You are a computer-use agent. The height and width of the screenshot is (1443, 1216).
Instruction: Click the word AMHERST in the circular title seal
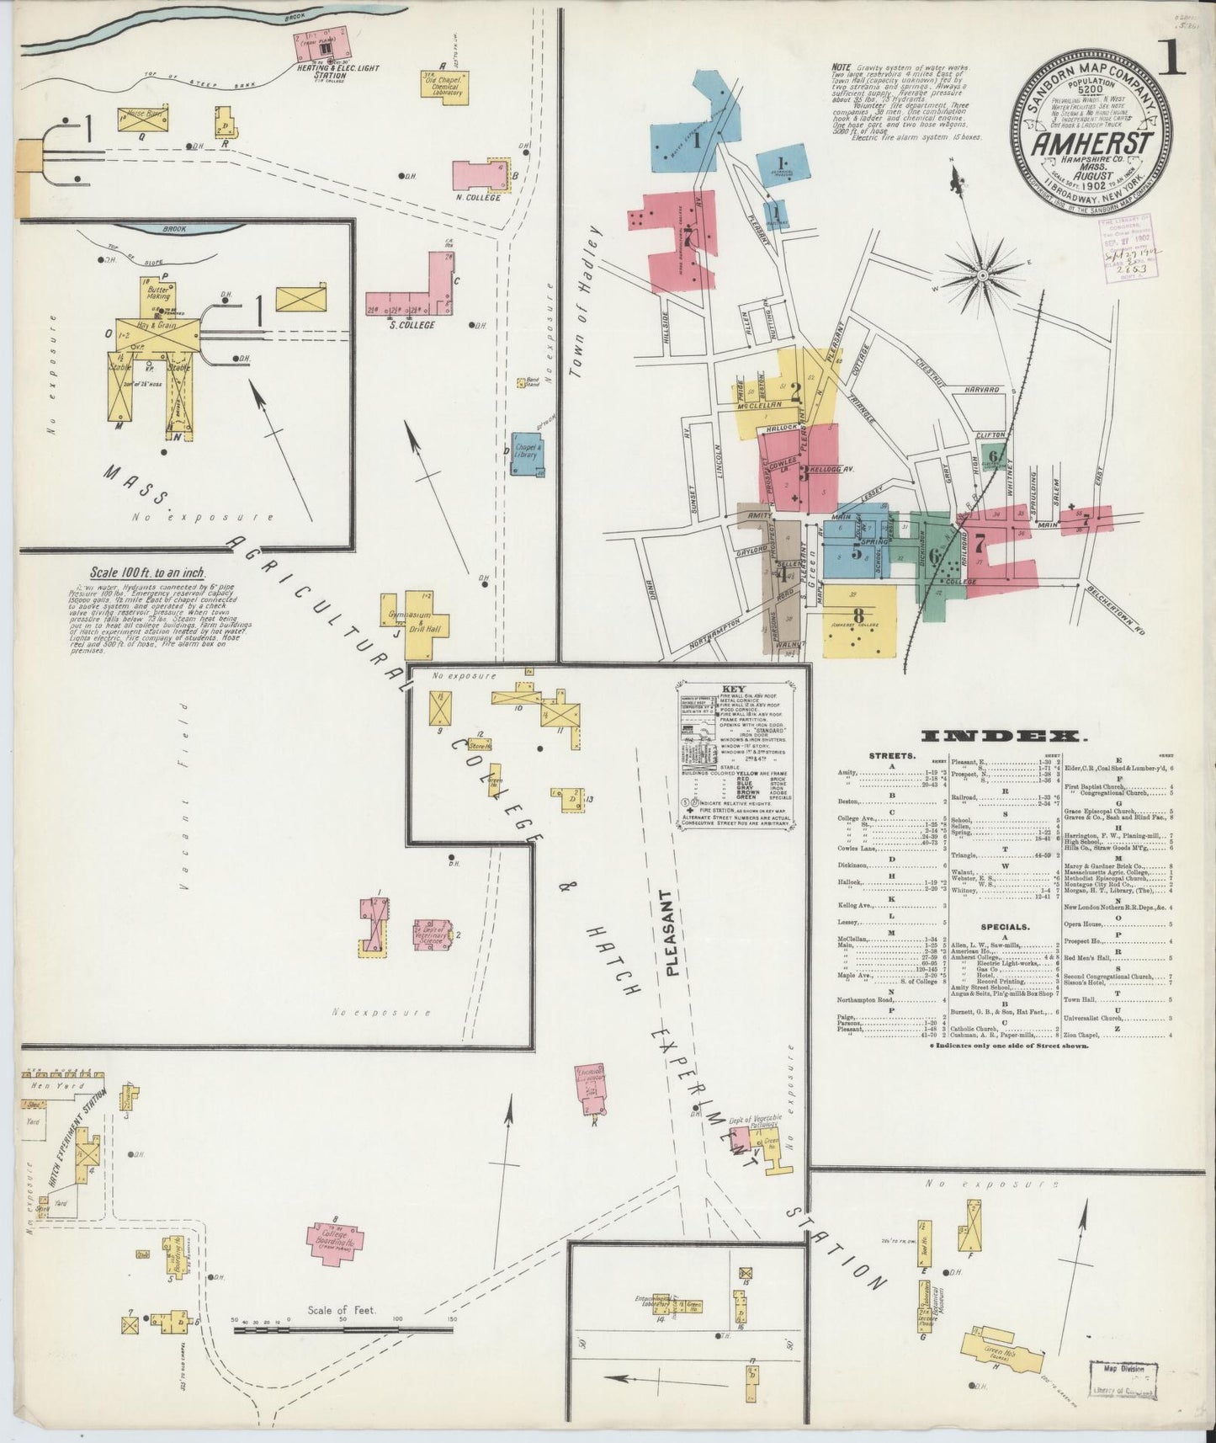1092,143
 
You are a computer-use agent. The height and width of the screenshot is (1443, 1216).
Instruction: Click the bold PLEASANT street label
670,932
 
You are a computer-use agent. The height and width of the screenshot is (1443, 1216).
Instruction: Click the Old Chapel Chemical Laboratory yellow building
446,87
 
